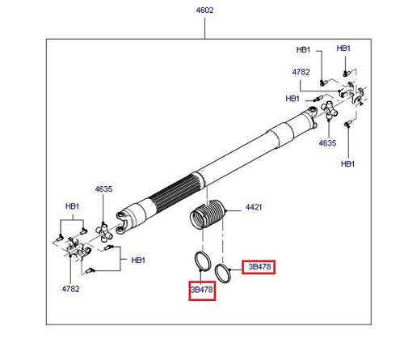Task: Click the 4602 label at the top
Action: coord(204,11)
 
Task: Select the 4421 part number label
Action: coord(254,207)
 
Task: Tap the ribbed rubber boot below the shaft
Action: coord(208,214)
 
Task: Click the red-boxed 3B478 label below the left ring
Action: coord(202,290)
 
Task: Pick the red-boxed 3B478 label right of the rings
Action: coord(259,267)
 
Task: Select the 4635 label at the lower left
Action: coord(103,189)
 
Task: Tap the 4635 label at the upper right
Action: coord(327,143)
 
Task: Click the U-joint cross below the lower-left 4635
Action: coord(103,232)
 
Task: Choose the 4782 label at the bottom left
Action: coord(70,289)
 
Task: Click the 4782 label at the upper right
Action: coord(301,72)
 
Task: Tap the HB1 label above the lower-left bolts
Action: coord(72,206)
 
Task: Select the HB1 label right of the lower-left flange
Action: coord(138,260)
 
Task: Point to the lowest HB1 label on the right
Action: coord(347,163)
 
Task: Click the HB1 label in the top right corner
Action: coord(343,49)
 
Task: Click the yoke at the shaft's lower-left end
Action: coord(124,221)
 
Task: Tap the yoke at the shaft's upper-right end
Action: coord(312,116)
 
